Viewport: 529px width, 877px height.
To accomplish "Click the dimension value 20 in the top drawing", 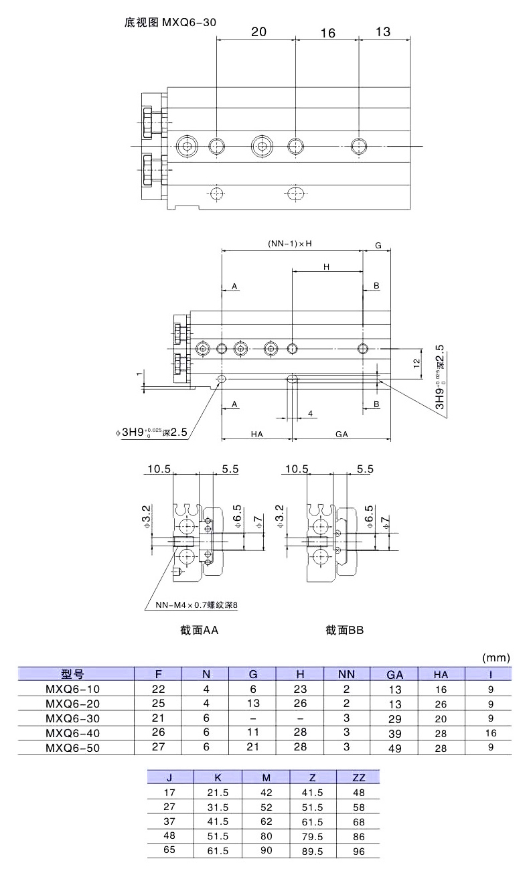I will (259, 31).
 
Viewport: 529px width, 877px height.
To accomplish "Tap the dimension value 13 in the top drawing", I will (382, 31).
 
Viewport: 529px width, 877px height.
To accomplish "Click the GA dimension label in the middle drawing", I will (342, 434).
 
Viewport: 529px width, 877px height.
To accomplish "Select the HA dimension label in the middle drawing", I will (256, 434).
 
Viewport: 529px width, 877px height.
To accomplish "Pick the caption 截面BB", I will (344, 630).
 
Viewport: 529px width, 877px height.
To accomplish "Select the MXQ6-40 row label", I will (72, 733).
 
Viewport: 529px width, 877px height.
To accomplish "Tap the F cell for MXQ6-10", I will (159, 689).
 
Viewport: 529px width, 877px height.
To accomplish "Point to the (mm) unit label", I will (496, 657).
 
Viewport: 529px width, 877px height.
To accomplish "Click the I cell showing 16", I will (491, 733).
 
